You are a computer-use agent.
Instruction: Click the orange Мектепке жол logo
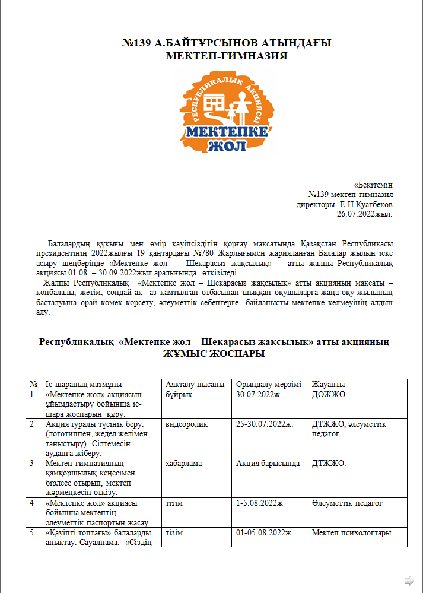point(227,112)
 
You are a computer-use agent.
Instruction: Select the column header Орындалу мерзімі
point(268,384)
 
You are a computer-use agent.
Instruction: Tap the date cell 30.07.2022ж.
point(259,394)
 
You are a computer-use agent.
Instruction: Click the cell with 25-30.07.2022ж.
point(265,424)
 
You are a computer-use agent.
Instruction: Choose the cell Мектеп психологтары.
point(352,532)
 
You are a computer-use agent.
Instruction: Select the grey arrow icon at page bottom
point(409,580)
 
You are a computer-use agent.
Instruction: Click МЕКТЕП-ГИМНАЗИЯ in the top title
point(227,56)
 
